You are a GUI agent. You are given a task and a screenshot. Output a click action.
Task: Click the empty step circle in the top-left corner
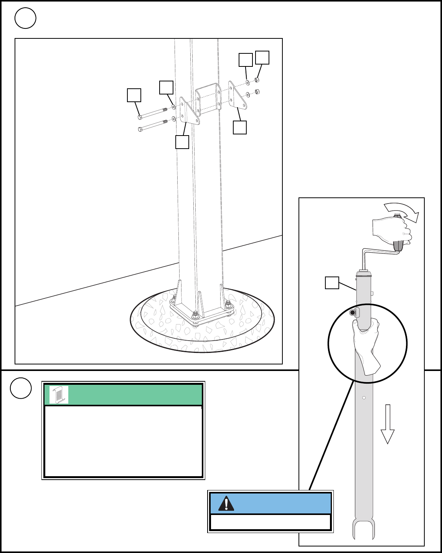[x=25, y=18]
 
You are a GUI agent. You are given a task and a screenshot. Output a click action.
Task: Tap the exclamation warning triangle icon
[x=226, y=503]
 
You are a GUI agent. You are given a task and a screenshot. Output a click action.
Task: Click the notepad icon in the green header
[x=59, y=395]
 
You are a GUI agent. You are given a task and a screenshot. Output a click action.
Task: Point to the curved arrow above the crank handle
[x=402, y=212]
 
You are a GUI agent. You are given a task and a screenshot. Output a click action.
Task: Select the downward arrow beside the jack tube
[x=388, y=424]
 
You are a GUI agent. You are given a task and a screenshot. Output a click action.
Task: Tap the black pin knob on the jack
[x=353, y=313]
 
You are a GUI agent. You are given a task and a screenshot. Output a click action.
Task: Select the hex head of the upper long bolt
[x=140, y=117]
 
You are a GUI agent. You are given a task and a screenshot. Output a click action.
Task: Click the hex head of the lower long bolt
[x=140, y=129]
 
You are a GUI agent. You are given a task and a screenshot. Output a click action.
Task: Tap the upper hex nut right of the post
[x=257, y=80]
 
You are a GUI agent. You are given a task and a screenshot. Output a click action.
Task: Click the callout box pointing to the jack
[x=332, y=283]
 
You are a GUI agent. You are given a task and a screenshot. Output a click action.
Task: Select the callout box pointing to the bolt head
[x=134, y=95]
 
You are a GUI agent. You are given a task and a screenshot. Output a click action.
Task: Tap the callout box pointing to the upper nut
[x=262, y=58]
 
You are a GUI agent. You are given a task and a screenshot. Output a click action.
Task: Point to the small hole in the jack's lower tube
[x=364, y=398]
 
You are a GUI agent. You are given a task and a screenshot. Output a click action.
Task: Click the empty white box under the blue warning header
[x=270, y=522]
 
